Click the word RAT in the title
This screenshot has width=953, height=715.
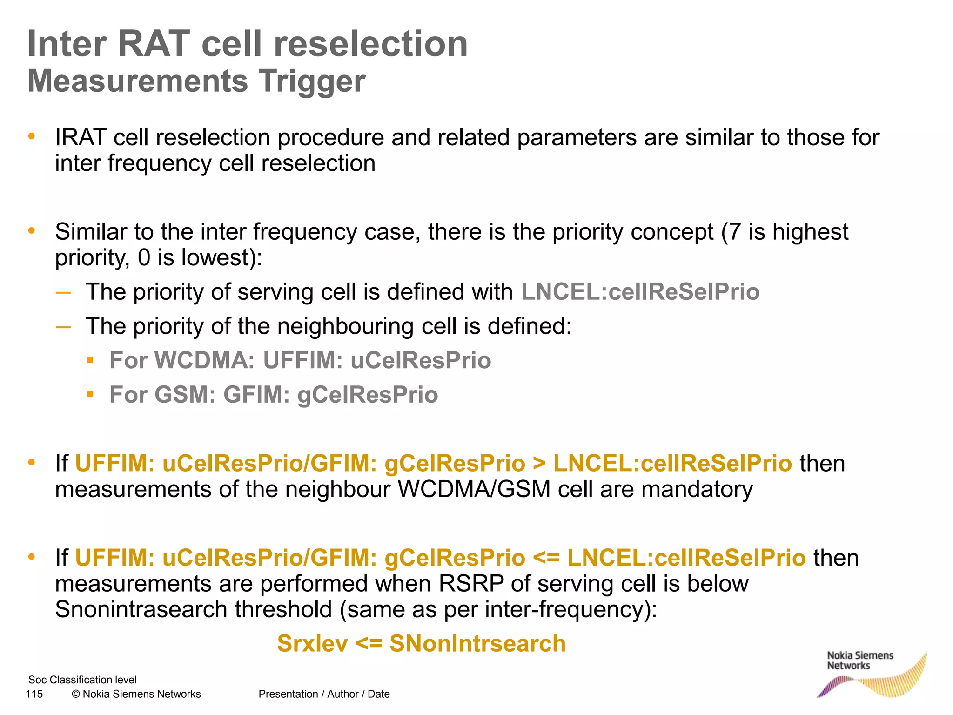154,44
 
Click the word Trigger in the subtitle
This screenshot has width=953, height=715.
312,81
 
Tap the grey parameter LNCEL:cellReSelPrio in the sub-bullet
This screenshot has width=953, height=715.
640,292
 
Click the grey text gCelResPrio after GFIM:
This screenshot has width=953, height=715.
368,395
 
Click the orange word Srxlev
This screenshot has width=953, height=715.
312,644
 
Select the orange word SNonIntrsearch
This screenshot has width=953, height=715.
477,644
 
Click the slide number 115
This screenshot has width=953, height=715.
34,694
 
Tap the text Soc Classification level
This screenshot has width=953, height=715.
82,680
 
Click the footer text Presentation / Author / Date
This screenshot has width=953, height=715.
324,694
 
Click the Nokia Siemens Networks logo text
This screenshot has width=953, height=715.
859,661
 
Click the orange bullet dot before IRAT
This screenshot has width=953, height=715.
32,136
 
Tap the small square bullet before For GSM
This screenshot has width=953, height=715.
90,394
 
